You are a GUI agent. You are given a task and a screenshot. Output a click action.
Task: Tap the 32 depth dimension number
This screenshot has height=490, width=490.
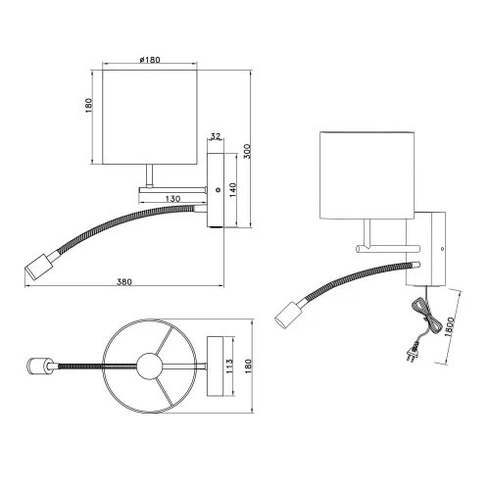pyautogui.click(x=216, y=138)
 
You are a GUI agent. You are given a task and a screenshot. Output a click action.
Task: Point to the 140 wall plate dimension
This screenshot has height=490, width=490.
pyautogui.click(x=232, y=189)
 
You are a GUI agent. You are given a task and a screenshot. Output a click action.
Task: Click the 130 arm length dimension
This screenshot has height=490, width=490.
pyautogui.click(x=172, y=198)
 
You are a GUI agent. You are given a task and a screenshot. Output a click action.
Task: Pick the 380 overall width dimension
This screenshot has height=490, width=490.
pyautogui.click(x=124, y=281)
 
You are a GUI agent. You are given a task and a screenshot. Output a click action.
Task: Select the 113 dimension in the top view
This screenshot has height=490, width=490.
pyautogui.click(x=227, y=369)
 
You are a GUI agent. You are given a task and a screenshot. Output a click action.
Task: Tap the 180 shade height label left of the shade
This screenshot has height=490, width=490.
pyautogui.click(x=87, y=105)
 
